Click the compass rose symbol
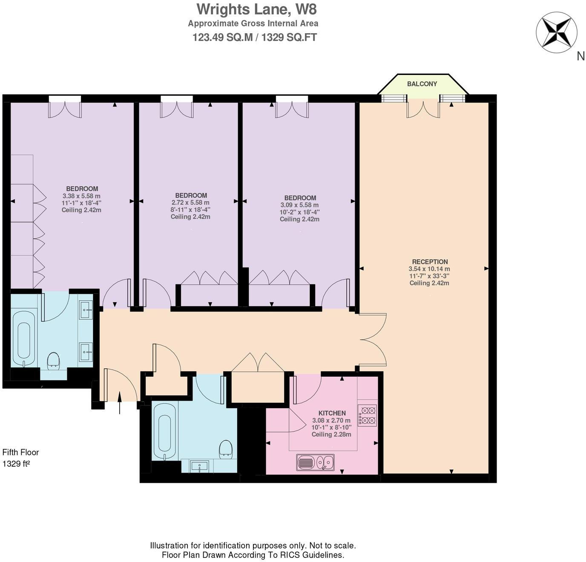pos(556,33)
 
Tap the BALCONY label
pos(422,84)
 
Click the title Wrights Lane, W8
pos(256,9)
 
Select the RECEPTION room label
pos(430,262)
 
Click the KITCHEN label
pos(332,413)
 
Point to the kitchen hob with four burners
pos(367,416)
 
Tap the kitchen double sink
pos(315,462)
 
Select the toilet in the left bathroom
pos(53,360)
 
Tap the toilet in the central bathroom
pos(226,450)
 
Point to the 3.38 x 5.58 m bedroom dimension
pos(81,196)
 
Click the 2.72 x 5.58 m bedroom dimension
pos(190,203)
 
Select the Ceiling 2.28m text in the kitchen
pos(331,434)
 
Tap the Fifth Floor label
pos(20,452)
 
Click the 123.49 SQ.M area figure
pos(222,37)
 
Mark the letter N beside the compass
pos(580,56)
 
